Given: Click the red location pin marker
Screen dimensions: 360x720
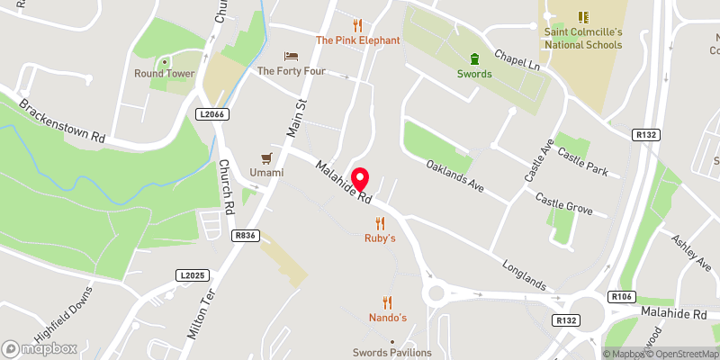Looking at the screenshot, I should [361, 178].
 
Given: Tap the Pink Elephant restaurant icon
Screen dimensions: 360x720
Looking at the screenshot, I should [357, 25].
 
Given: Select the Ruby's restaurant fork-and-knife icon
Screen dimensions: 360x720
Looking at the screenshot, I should [380, 222].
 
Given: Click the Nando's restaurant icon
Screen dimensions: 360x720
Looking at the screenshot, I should [388, 302].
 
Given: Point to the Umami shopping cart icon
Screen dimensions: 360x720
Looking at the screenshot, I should [266, 157].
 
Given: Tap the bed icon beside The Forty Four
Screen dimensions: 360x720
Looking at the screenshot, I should [290, 56].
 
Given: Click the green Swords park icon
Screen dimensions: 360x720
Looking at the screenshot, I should [474, 58].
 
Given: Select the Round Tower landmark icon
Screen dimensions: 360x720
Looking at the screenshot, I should [164, 60].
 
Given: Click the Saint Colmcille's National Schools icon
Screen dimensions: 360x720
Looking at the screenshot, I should [582, 16].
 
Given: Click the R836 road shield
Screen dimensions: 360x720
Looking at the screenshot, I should [245, 235].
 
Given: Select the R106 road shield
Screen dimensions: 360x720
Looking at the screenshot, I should [622, 296].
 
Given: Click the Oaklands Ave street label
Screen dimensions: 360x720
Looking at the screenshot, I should [455, 176].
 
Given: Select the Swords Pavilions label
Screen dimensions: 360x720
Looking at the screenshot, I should [391, 353].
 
